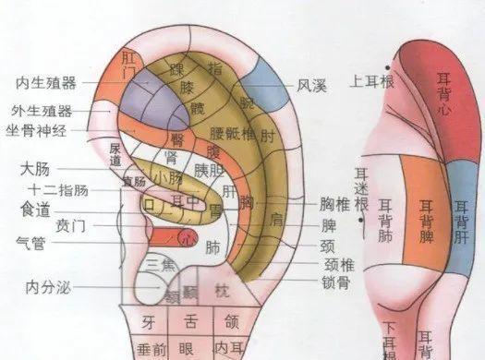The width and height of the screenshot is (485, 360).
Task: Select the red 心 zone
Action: coord(186,236)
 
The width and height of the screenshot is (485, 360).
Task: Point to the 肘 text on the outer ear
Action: coord(268,138)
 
